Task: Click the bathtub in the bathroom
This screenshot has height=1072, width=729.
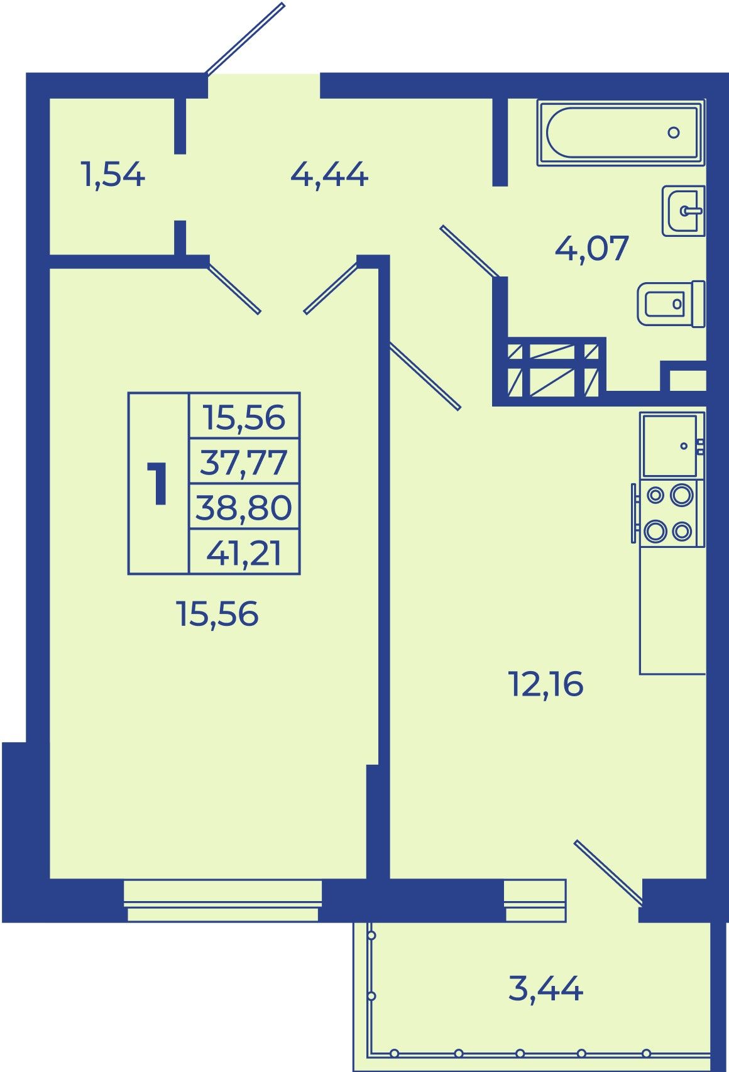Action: pyautogui.click(x=621, y=133)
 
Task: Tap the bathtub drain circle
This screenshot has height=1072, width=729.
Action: pyautogui.click(x=674, y=133)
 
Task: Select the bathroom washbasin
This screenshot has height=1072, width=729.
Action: pyautogui.click(x=684, y=211)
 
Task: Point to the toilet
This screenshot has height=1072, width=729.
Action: pyautogui.click(x=671, y=304)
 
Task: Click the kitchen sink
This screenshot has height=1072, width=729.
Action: pyautogui.click(x=671, y=445)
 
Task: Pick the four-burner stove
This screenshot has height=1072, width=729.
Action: pyautogui.click(x=669, y=513)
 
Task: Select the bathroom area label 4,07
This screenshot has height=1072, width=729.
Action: pyautogui.click(x=591, y=248)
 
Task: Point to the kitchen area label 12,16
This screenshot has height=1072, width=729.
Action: pyautogui.click(x=546, y=684)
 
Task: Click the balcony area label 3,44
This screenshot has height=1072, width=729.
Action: pyautogui.click(x=545, y=988)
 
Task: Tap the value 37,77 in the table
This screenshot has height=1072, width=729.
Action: pyautogui.click(x=244, y=462)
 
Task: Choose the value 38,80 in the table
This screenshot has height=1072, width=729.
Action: pyautogui.click(x=244, y=507)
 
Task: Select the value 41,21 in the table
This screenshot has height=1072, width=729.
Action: pyautogui.click(x=244, y=553)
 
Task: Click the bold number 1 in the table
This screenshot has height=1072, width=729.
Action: pyautogui.click(x=158, y=483)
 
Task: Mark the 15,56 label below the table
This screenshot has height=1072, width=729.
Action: pyautogui.click(x=218, y=614)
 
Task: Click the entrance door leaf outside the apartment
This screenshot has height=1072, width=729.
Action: pyautogui.click(x=245, y=38)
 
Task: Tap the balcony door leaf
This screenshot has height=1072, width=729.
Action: pyautogui.click(x=608, y=872)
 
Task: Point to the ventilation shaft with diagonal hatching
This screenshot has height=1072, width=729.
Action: pyautogui.click(x=552, y=371)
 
